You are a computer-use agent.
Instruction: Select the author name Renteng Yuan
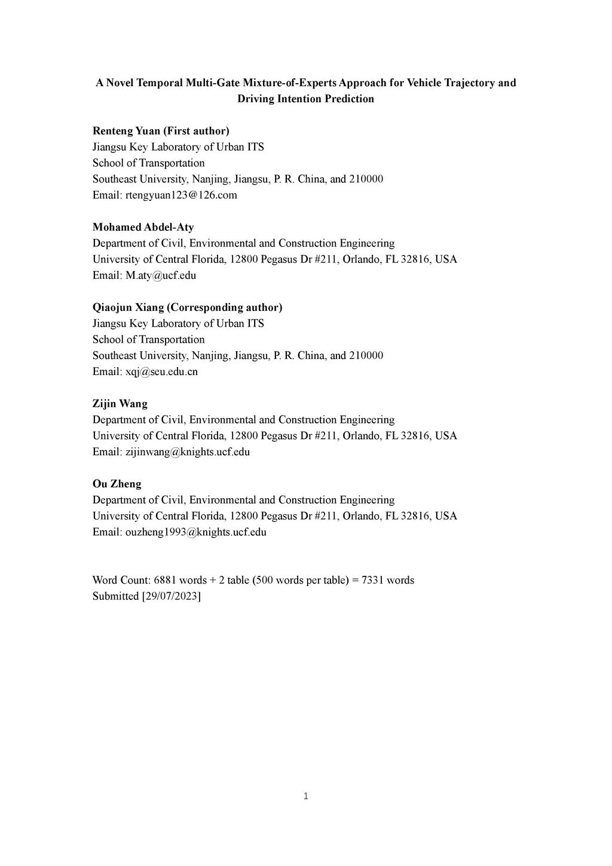[x=126, y=131]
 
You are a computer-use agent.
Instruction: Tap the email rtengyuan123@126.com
[x=181, y=195]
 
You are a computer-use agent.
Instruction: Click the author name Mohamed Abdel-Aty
[x=143, y=227]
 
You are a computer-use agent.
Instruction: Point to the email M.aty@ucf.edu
[x=161, y=275]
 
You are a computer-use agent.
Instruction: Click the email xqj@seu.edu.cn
[x=161, y=371]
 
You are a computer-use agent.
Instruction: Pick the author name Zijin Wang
[x=120, y=404]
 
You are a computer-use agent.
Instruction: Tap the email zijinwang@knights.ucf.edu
[x=188, y=452]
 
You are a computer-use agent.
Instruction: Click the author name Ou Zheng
[x=117, y=484]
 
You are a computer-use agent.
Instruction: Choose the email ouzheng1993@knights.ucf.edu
[x=196, y=532]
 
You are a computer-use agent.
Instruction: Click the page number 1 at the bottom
[x=306, y=796]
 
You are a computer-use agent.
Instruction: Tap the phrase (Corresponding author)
[x=225, y=307]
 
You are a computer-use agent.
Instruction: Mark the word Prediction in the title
[x=349, y=99]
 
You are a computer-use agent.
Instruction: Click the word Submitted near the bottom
[x=115, y=596]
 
